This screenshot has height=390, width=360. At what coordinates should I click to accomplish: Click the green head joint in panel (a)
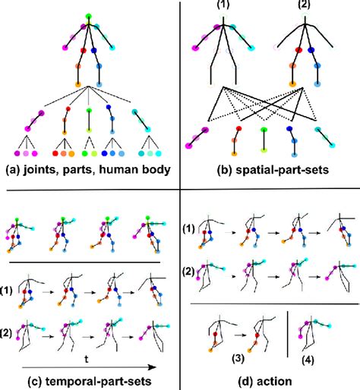(x=88, y=16)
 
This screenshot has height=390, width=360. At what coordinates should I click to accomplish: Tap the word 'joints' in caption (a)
(x=44, y=168)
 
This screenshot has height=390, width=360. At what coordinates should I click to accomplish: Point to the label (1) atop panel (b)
(x=223, y=5)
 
